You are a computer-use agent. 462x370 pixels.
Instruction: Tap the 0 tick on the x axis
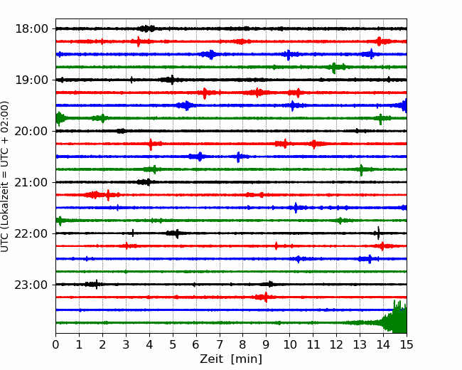click(x=56, y=345)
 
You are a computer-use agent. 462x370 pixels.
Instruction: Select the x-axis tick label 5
click(x=173, y=345)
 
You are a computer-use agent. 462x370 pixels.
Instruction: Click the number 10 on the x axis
click(x=290, y=345)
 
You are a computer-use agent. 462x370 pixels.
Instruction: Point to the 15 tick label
click(x=407, y=345)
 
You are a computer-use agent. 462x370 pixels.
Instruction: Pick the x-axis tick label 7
click(x=220, y=345)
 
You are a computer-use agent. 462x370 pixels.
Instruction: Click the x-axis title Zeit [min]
click(x=231, y=359)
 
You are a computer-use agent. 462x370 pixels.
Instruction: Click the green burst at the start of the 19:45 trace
click(x=60, y=118)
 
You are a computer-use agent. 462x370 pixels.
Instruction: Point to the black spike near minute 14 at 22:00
click(x=378, y=233)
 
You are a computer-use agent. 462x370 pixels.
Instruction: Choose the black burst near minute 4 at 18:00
click(x=147, y=28)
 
